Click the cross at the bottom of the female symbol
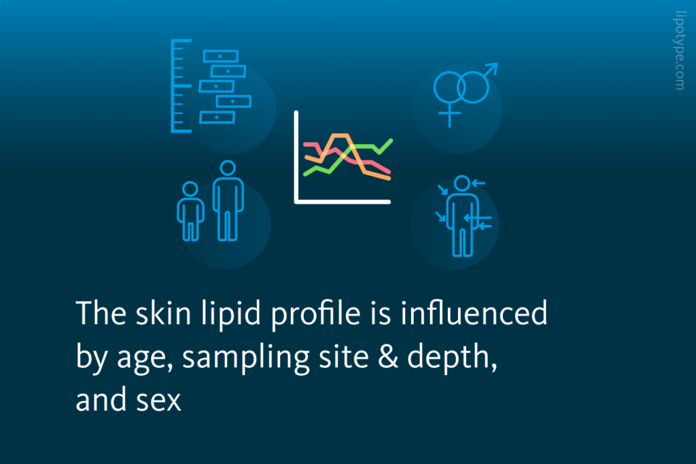tap(449, 114)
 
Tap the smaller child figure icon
tap(190, 211)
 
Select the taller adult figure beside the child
tap(228, 200)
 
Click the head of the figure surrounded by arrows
tap(462, 183)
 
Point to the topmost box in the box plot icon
tap(221, 56)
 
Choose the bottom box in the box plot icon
tap(217, 117)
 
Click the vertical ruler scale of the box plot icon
tap(174, 85)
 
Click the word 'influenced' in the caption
tap(476, 314)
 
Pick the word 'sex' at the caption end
tap(162, 401)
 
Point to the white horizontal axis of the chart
tap(343, 201)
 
